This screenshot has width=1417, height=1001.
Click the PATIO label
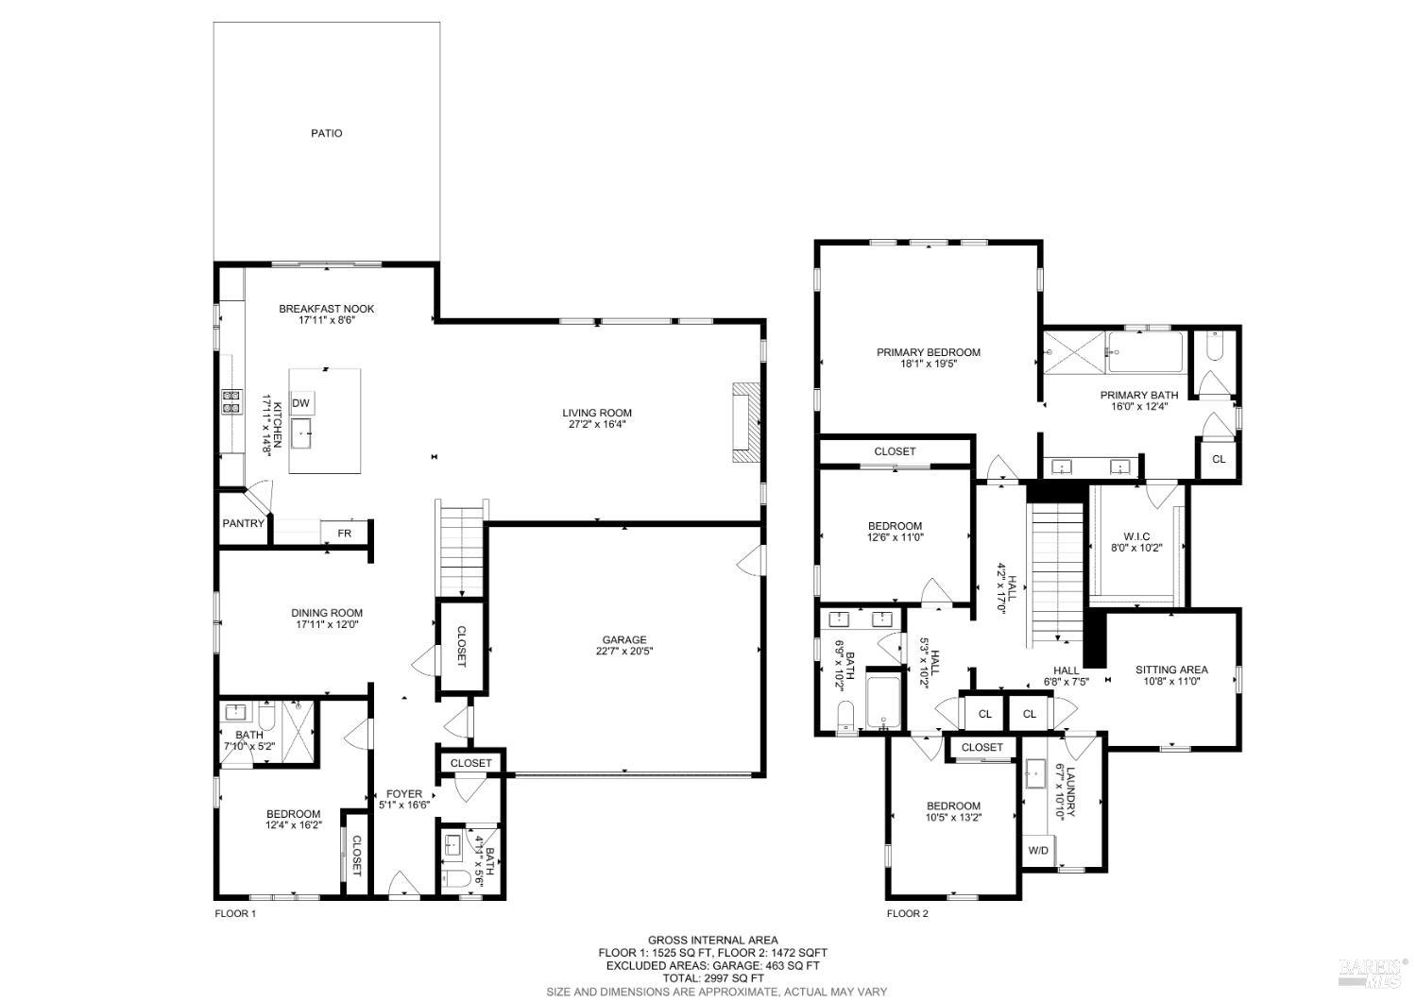click(327, 133)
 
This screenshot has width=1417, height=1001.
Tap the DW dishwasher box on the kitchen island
click(301, 404)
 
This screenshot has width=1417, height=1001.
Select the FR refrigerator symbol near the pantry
click(344, 533)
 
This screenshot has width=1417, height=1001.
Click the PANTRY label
click(244, 523)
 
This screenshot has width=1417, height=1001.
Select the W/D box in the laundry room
click(1038, 850)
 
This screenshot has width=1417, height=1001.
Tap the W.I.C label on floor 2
click(1136, 535)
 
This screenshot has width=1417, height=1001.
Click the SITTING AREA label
click(1171, 670)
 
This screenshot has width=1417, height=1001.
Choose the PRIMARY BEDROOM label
click(928, 352)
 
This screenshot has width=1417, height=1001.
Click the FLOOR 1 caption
click(235, 913)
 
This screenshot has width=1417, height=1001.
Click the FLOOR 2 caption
click(907, 913)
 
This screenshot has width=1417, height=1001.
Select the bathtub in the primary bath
click(1145, 352)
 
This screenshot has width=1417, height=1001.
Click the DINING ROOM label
click(327, 613)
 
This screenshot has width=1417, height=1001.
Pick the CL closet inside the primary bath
click(1218, 459)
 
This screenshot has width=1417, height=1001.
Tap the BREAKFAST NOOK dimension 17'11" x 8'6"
click(327, 320)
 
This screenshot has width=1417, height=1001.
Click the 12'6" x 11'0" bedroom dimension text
click(894, 537)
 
